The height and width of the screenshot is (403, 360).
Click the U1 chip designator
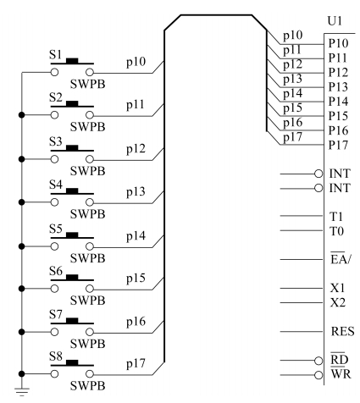click(335, 21)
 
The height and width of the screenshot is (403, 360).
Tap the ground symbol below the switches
click(22, 391)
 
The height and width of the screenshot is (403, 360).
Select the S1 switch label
click(55, 54)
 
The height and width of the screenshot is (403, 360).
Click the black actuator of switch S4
click(72, 191)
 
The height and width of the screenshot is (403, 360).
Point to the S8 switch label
click(55, 356)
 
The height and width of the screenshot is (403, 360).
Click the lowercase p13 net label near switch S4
click(136, 191)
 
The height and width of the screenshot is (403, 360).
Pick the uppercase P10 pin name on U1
click(338, 43)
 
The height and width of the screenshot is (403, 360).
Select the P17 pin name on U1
click(338, 145)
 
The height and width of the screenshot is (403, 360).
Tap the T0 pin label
click(337, 231)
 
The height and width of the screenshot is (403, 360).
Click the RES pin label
click(342, 331)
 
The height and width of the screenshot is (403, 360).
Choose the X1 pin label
click(338, 288)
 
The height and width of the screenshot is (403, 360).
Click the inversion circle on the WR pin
click(318, 375)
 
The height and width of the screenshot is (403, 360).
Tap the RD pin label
click(340, 359)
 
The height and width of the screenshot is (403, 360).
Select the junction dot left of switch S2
click(21, 115)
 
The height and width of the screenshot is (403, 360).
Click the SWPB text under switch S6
click(87, 301)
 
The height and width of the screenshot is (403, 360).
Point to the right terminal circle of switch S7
click(90, 332)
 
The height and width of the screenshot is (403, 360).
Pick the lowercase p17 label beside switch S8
click(136, 363)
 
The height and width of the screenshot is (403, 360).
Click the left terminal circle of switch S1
click(54, 72)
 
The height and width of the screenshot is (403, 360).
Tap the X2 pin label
click(338, 302)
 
